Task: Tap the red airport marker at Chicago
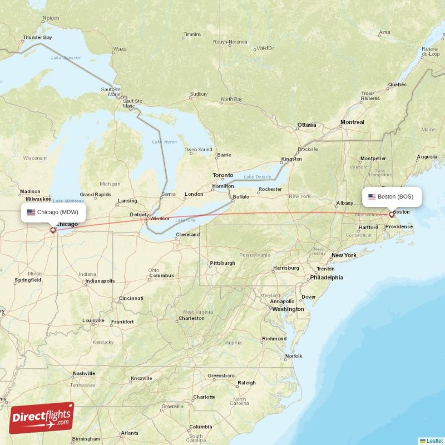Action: click(53, 230)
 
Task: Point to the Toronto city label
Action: click(222, 175)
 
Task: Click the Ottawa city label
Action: click(306, 125)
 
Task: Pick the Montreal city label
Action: click(352, 122)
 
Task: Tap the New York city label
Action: click(343, 255)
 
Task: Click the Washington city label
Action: click(288, 309)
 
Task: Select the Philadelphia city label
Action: click(327, 278)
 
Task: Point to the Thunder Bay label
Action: click(37, 38)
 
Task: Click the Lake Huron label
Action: click(165, 142)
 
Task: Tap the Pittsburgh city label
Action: click(222, 263)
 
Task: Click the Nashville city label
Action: click(83, 373)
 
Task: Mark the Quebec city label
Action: click(397, 85)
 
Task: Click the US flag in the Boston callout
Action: click(372, 196)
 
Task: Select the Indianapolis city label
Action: click(100, 281)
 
